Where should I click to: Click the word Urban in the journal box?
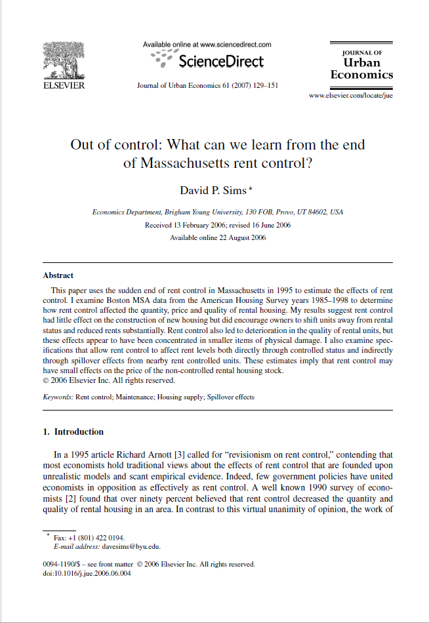[x=361, y=63]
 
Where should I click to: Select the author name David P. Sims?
[x=213, y=190]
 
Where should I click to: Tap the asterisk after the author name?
[x=251, y=189]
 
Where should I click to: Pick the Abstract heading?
[x=58, y=275]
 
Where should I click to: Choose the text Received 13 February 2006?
[x=180, y=225]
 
